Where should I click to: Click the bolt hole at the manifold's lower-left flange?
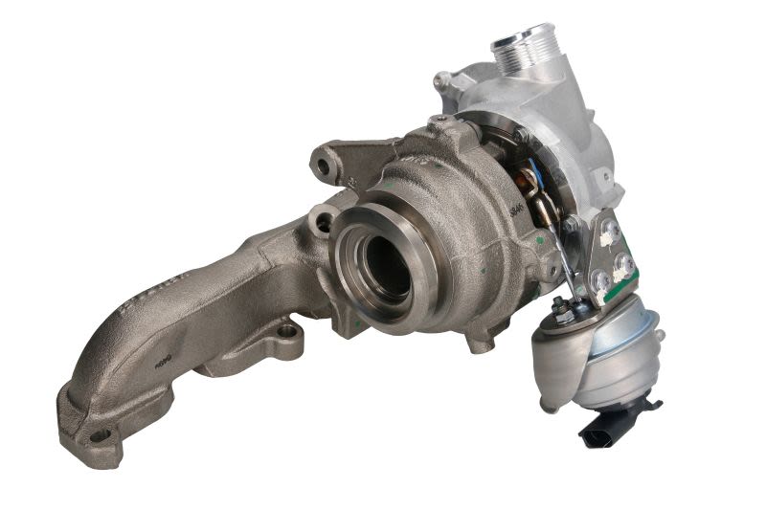(x=98, y=436)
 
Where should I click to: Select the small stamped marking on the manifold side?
(x=162, y=363)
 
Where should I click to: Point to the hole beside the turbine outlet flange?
(x=324, y=223)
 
